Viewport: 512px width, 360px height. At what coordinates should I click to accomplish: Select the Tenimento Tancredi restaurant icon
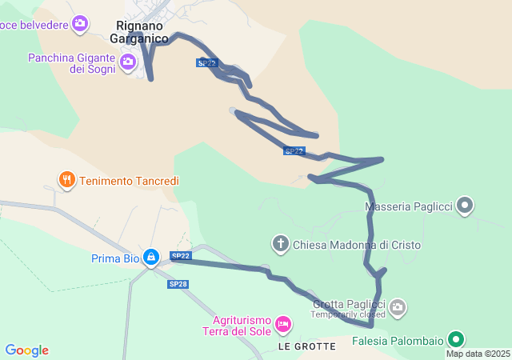pyautogui.click(x=66, y=180)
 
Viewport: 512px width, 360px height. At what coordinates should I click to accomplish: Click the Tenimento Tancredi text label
pyautogui.click(x=128, y=181)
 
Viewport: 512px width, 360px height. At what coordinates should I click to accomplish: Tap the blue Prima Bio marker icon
pyautogui.click(x=150, y=256)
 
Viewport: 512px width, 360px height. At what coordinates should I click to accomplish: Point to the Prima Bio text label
pyautogui.click(x=114, y=258)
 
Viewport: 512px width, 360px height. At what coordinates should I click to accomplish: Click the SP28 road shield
pyautogui.click(x=178, y=284)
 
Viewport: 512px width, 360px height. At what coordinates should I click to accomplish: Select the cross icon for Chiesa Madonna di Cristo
pyautogui.click(x=281, y=243)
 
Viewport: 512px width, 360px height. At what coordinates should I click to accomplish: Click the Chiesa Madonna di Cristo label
pyautogui.click(x=357, y=245)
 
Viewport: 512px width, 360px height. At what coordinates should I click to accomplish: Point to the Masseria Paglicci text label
pyautogui.click(x=409, y=207)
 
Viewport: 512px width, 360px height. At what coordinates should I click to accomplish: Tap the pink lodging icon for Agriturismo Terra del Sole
pyautogui.click(x=282, y=325)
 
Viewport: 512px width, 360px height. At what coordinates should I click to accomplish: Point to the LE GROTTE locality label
pyautogui.click(x=307, y=346)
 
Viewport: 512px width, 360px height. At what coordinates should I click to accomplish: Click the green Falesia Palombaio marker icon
pyautogui.click(x=456, y=340)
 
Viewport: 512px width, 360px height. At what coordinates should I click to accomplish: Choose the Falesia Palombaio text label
pyautogui.click(x=398, y=341)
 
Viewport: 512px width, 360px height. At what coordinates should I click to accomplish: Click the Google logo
pyautogui.click(x=26, y=350)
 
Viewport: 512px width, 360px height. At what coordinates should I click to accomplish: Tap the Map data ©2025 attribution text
pyautogui.click(x=478, y=354)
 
